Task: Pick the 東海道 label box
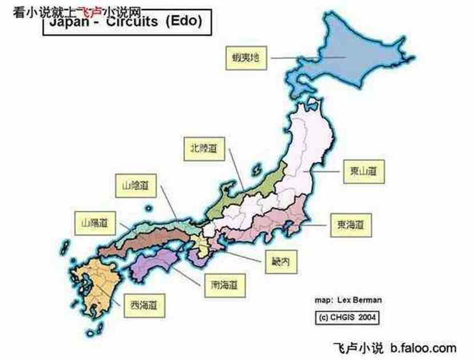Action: point(351,225)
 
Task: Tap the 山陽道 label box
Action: point(95,222)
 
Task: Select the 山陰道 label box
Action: point(135,185)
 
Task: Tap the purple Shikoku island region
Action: point(160,263)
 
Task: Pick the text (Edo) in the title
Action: point(184,22)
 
